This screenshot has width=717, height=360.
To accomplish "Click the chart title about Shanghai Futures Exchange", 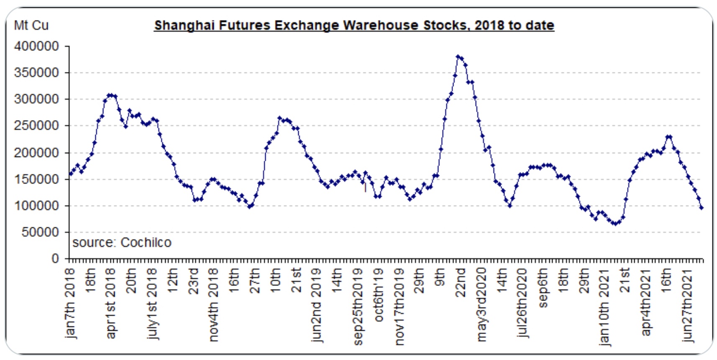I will click(x=354, y=25).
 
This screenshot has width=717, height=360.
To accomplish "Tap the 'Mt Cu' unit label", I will click(x=31, y=26).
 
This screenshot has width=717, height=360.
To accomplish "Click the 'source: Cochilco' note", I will click(x=122, y=243).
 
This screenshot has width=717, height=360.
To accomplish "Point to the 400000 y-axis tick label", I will click(x=37, y=46).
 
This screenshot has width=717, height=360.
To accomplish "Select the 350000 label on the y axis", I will click(x=37, y=72).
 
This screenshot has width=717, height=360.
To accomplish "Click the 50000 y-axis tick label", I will click(x=40, y=232).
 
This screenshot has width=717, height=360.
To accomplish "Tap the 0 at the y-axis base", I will click(x=55, y=259).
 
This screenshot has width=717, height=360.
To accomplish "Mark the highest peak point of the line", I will click(x=458, y=56).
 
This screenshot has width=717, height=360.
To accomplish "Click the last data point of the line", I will click(x=702, y=208).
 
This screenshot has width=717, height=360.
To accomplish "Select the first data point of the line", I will click(x=70, y=175).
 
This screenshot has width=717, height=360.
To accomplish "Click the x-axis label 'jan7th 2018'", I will click(x=70, y=303).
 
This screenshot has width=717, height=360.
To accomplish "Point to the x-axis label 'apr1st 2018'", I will click(x=111, y=303).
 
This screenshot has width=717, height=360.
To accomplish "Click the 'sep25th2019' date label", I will click(x=358, y=307).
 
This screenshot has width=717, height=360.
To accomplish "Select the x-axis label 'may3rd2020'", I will click(x=481, y=305).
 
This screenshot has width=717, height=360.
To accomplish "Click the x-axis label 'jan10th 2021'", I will click(x=604, y=306).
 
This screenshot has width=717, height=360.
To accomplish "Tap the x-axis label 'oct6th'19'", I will click(x=379, y=295).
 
